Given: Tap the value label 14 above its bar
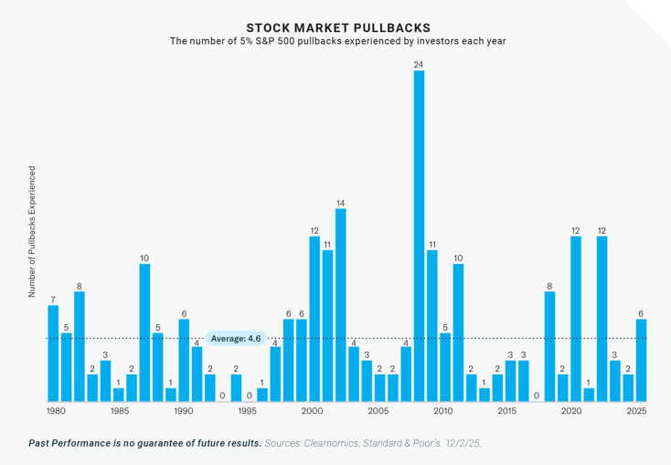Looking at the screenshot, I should click(x=340, y=202).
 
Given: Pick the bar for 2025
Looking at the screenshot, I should click(x=641, y=360).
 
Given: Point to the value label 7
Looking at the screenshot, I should click(x=53, y=299).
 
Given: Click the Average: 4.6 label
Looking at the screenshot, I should click(x=236, y=338).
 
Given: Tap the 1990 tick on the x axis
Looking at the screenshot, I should click(x=184, y=412).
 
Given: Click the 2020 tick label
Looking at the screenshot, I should click(x=571, y=412).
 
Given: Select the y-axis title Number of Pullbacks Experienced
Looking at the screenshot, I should click(x=32, y=231).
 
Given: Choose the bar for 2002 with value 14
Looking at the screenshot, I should click(x=340, y=305).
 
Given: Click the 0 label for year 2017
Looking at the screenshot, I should click(x=537, y=396).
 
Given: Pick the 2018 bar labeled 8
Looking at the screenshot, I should click(x=549, y=346).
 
